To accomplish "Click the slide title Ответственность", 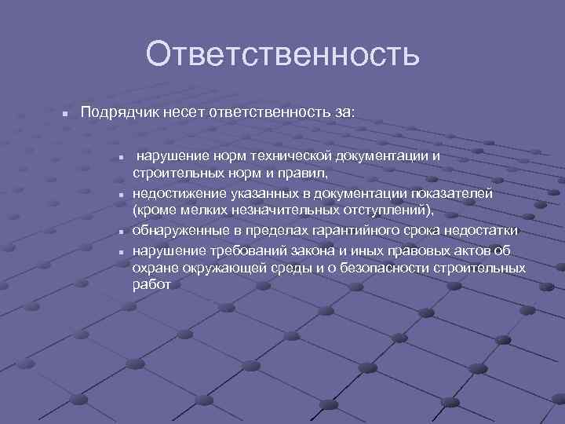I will pos(282,55).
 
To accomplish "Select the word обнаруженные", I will pos(177,231).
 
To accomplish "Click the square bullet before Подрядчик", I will pos(67,114).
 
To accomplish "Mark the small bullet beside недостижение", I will pos(123,195).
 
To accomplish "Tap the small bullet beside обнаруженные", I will pos(123,232).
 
